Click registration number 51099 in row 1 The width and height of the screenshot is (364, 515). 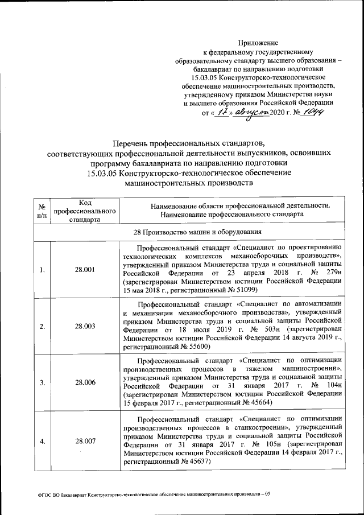point(243,290)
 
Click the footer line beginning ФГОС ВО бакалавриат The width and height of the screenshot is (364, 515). point(157,493)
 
